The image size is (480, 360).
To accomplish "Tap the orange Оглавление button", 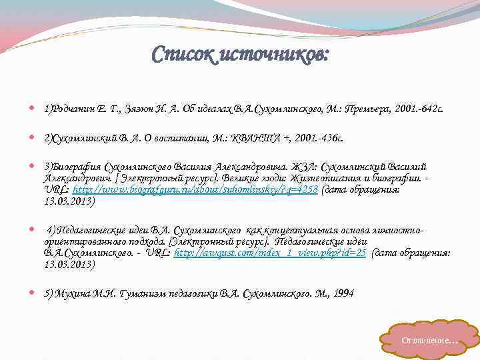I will tap(429, 340).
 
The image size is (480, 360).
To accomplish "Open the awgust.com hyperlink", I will tap(269, 254).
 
